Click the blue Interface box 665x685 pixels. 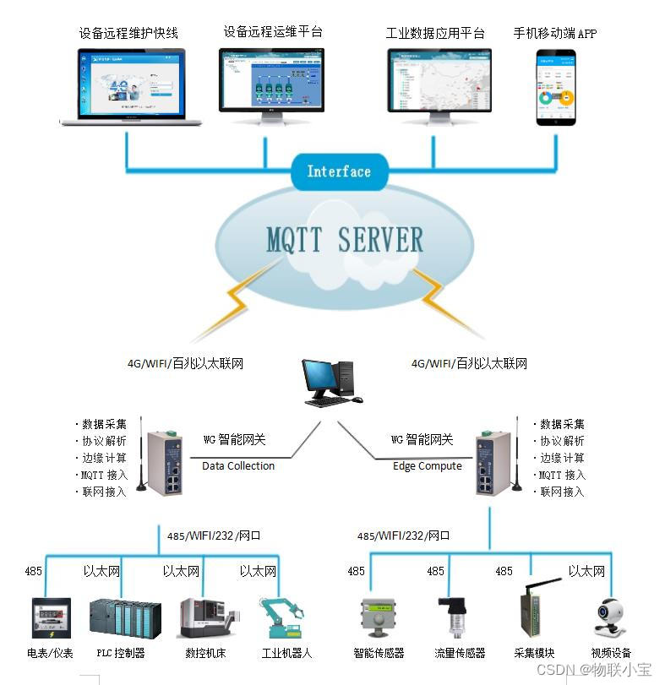(x=338, y=171)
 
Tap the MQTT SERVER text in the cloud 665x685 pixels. (x=345, y=240)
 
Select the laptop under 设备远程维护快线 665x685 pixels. (x=131, y=87)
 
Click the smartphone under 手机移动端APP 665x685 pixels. (x=556, y=87)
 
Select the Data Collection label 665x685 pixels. (x=238, y=465)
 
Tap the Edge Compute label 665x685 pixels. (x=428, y=465)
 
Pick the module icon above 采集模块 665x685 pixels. (x=536, y=612)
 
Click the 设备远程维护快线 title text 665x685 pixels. (x=128, y=34)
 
